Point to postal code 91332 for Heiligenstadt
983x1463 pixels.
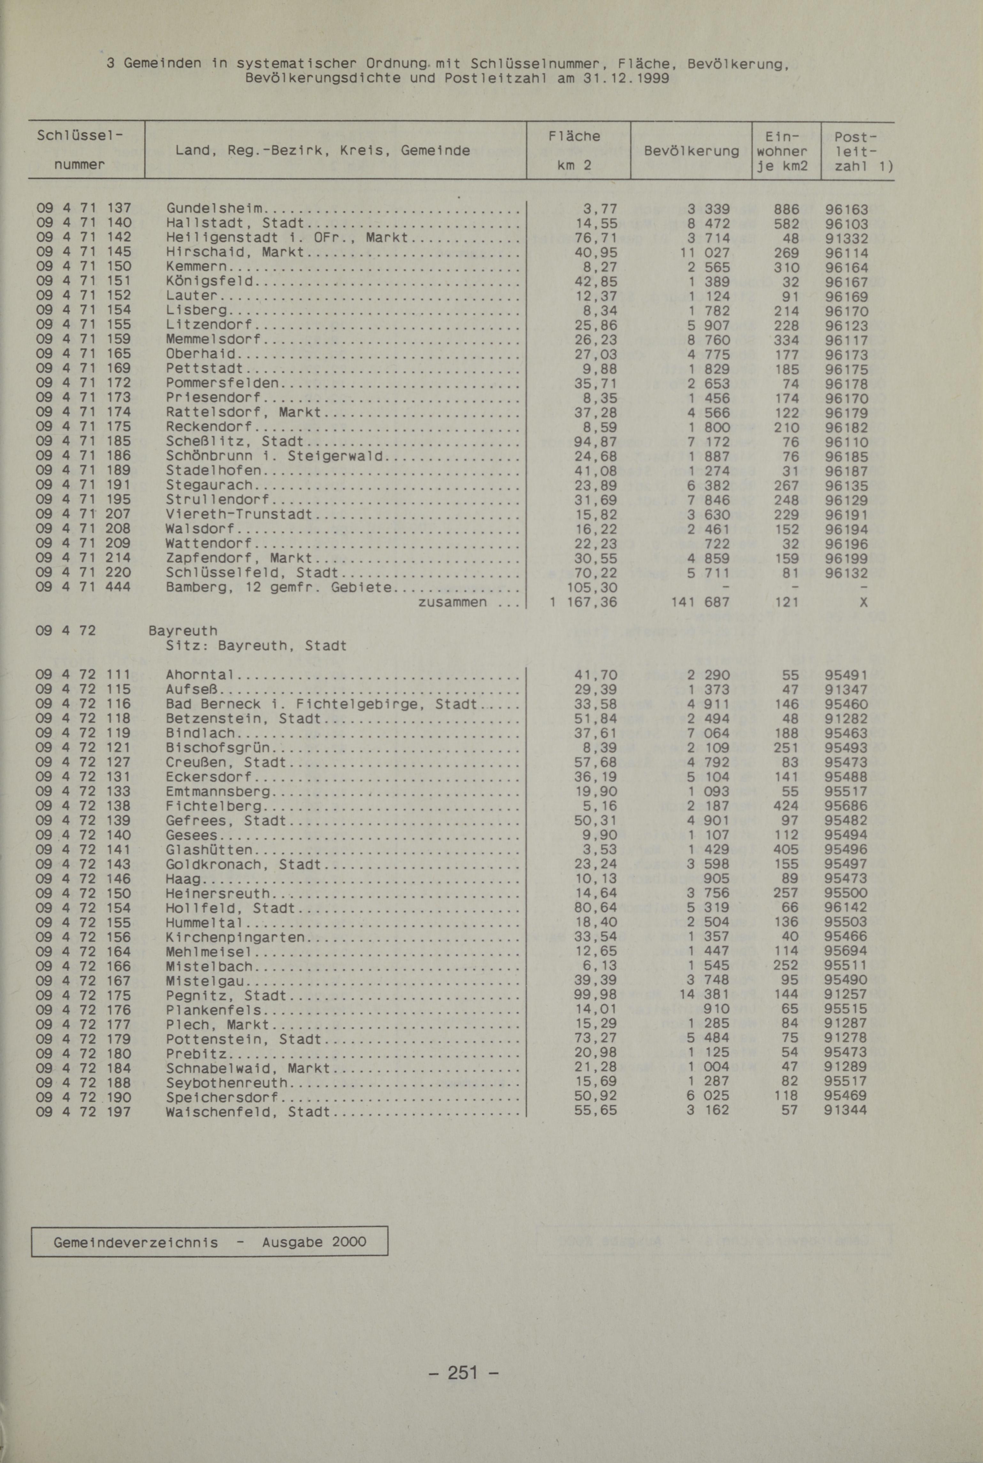click(846, 238)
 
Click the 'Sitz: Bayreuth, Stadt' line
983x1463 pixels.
click(256, 645)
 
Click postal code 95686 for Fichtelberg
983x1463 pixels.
click(846, 806)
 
